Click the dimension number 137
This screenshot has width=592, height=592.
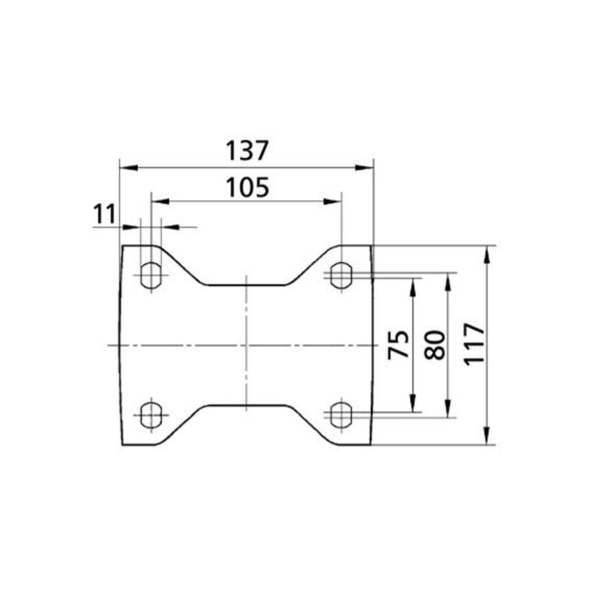[x=247, y=150]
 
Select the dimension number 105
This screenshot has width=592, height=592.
[x=247, y=187]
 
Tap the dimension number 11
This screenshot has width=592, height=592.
[x=104, y=214]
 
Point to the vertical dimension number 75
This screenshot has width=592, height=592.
[x=399, y=344]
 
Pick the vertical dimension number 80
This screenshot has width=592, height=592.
[x=435, y=345]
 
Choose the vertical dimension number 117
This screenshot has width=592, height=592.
[x=474, y=344]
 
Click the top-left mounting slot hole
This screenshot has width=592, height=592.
[x=151, y=275]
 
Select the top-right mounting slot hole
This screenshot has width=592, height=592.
[x=341, y=275]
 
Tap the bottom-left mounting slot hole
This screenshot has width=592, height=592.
[x=151, y=415]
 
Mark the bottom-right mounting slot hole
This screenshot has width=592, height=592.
[x=341, y=415]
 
